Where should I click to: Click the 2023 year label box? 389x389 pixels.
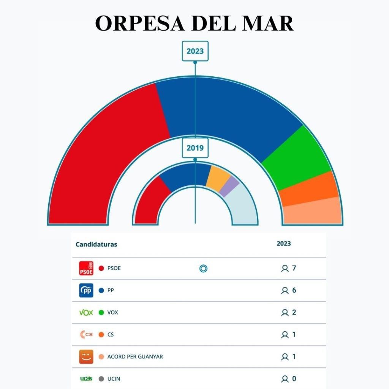pos(195,51)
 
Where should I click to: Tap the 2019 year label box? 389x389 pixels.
pos(195,148)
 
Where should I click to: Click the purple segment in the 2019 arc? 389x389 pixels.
pos(230,186)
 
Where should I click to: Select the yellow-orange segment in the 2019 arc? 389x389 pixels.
pos(218,175)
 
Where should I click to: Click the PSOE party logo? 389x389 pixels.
pos(86,268)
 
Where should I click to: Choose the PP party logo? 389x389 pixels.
pos(86,291)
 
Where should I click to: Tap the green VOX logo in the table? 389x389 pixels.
pos(86,313)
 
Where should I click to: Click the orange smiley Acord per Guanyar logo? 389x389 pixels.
pos(86,357)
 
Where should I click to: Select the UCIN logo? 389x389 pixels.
pos(86,379)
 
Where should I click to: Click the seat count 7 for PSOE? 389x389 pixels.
pos(294,268)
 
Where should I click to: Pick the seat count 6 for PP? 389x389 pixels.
pos(294,290)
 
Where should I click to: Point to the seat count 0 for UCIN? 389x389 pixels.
pos(294,379)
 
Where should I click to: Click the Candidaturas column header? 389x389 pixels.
pos(96,244)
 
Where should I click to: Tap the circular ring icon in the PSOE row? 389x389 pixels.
pos(203,269)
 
